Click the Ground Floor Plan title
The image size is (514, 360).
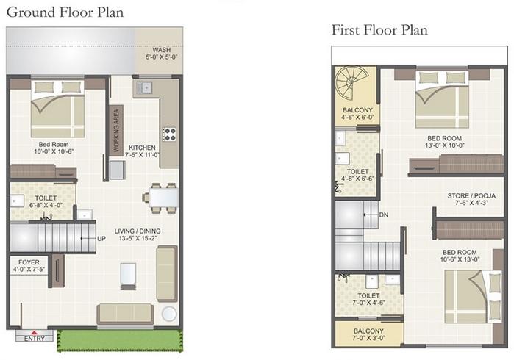pos(65,12)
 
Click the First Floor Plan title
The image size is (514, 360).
pos(379,30)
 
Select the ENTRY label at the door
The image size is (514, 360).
pos(34,339)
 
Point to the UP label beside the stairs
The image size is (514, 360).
pos(101,238)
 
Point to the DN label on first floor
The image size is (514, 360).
pos(384,215)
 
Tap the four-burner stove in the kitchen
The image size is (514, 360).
pos(169,134)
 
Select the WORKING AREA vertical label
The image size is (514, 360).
pos(115,130)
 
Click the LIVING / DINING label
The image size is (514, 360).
pos(138,235)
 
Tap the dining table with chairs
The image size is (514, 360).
pos(162,198)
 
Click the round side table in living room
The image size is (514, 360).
pos(169,314)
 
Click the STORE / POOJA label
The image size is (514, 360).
pos(470,200)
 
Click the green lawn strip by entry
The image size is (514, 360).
pos(119,340)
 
